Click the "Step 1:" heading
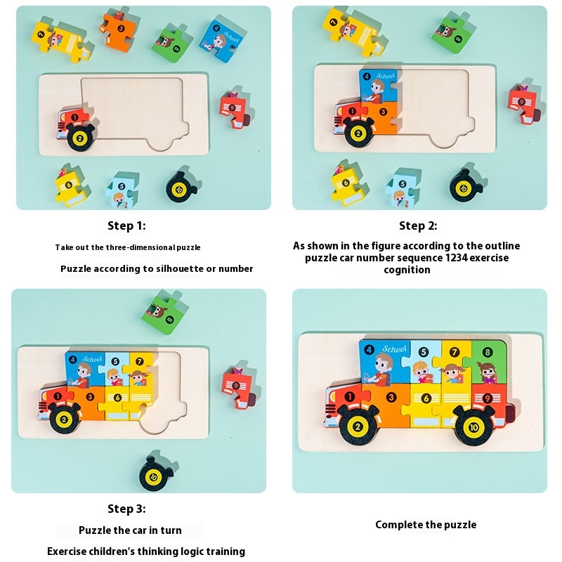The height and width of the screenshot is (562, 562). click(126, 226)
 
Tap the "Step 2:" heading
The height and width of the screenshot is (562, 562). click(418, 226)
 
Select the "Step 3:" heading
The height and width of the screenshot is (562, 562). click(126, 509)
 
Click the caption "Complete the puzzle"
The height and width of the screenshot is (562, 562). click(426, 525)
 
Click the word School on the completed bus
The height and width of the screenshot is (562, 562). click(395, 348)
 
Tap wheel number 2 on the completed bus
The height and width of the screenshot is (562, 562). click(357, 426)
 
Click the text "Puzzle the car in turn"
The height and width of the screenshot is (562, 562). click(130, 530)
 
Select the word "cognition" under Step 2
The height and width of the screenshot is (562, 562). click(407, 270)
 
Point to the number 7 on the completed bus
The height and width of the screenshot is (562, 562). click(455, 352)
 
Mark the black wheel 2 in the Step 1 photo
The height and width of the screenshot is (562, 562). click(80, 138)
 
